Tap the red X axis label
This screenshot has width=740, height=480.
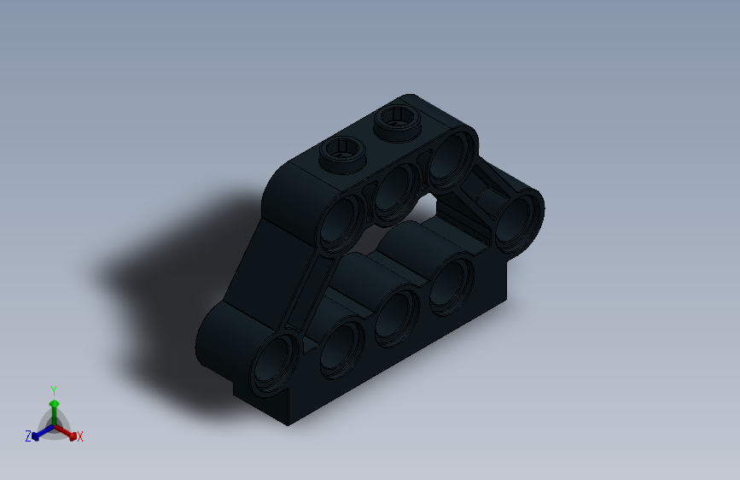(80, 436)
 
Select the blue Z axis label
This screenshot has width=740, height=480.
(27, 436)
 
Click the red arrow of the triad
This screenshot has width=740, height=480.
(68, 432)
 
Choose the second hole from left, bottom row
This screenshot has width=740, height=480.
(341, 345)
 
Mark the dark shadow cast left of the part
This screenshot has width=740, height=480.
(162, 282)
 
